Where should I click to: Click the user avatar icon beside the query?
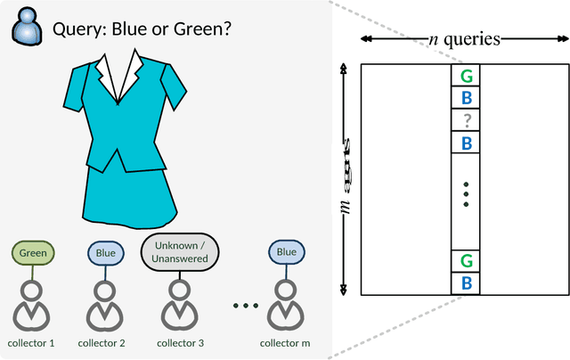click(x=28, y=28)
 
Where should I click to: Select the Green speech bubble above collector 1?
click(x=33, y=252)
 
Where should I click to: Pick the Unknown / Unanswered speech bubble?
click(x=181, y=252)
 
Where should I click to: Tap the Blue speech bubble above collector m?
click(x=286, y=252)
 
